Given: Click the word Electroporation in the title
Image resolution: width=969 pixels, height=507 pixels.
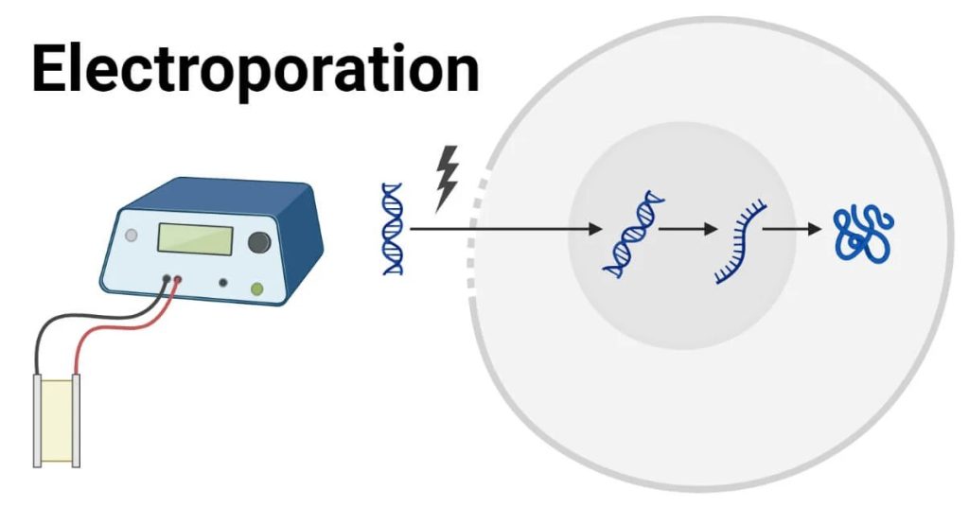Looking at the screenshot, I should (x=255, y=69).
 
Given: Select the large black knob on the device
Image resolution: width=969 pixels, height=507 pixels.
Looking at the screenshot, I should (x=258, y=242).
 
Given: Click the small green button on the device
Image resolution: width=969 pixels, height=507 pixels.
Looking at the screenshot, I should (x=256, y=288).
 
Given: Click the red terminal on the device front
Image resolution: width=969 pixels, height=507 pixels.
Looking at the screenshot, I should (x=177, y=279).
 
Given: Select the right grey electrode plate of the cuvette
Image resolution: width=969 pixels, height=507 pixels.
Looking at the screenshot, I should (x=77, y=419).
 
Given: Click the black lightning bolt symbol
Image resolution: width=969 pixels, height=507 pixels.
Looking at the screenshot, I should (x=446, y=178).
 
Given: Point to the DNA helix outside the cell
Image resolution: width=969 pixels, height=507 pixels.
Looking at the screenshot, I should (x=393, y=229).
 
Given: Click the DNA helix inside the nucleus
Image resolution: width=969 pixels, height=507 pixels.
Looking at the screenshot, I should (x=631, y=234).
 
